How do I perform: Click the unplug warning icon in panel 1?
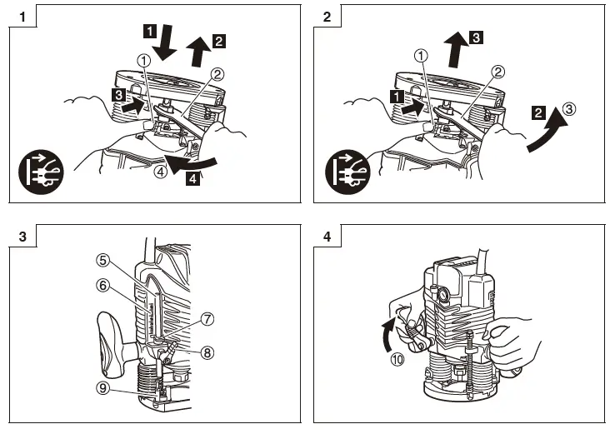pos(40,172)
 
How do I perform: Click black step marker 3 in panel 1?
pos(117,97)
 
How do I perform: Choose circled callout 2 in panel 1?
pos(217,74)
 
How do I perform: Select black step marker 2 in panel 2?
pos(540,112)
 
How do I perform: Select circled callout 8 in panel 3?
pos(207,352)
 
